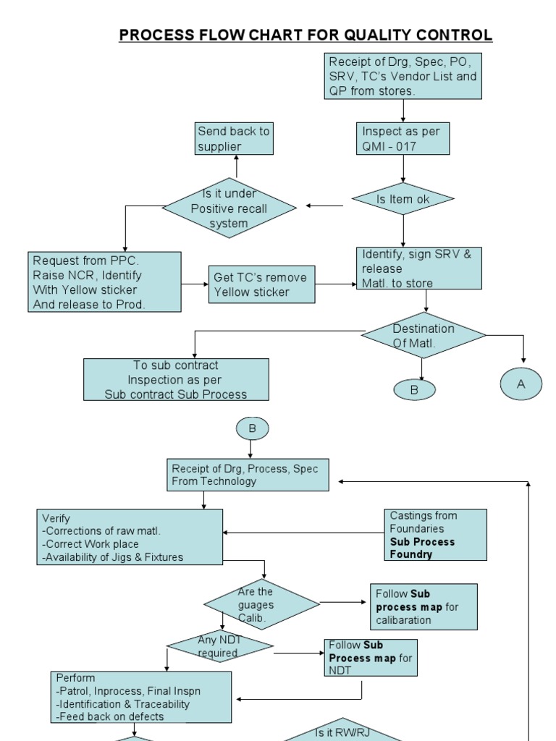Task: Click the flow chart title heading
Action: (x=306, y=35)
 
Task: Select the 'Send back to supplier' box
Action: (x=235, y=139)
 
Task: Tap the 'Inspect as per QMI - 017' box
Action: (x=403, y=138)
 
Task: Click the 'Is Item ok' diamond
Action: (x=403, y=199)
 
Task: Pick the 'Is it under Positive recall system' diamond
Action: (x=229, y=208)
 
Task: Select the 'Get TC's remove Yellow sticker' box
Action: (x=262, y=284)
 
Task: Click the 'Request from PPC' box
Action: (x=105, y=281)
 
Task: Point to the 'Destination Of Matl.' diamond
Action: (x=424, y=336)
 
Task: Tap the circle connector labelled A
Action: (x=521, y=384)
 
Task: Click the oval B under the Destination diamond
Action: (x=415, y=389)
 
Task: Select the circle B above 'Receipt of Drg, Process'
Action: (x=252, y=428)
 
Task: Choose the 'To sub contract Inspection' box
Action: (x=176, y=380)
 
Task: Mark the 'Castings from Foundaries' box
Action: (x=435, y=535)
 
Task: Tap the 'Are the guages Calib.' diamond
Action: (x=261, y=604)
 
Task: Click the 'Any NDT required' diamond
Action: (x=219, y=646)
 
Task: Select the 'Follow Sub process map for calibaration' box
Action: (x=424, y=606)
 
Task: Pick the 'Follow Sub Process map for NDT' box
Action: (x=371, y=658)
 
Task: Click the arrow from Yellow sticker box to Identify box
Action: (x=337, y=284)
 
